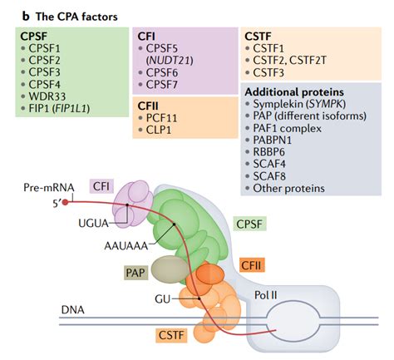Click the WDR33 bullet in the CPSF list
(x=47, y=96)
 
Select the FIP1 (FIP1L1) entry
(x=59, y=108)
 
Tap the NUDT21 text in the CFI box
(x=170, y=61)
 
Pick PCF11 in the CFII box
(x=161, y=118)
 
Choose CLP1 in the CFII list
(x=159, y=130)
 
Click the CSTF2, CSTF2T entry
(x=289, y=61)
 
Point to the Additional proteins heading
(x=294, y=92)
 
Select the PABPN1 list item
(x=273, y=141)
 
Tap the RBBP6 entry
(x=268, y=152)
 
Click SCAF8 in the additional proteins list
(x=269, y=176)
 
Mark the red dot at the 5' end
(x=65, y=202)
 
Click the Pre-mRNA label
(x=49, y=188)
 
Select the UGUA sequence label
(x=93, y=223)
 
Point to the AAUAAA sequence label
(x=126, y=246)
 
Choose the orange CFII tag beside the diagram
(x=251, y=265)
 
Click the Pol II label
(x=266, y=295)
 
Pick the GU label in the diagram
(x=163, y=299)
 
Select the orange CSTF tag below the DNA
(x=171, y=335)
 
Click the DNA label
(x=73, y=310)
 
